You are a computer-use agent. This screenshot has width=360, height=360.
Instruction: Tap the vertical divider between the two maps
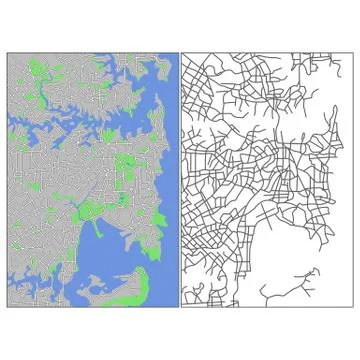click(180, 180)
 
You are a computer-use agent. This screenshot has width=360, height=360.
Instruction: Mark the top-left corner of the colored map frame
click(8, 54)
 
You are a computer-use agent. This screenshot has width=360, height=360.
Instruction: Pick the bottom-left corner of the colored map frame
click(8, 306)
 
